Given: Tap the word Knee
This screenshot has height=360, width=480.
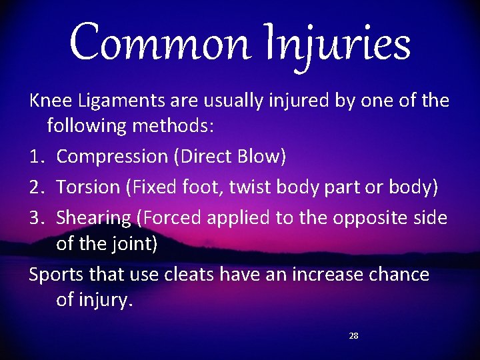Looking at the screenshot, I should coord(51,101).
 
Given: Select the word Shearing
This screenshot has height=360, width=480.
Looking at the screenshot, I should coord(93,218).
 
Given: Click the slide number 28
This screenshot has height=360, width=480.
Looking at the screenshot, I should coord(353,336).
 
